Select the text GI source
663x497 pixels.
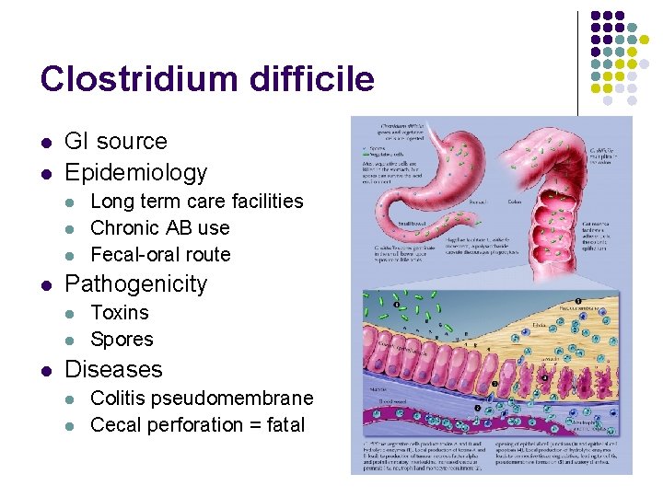[115, 142]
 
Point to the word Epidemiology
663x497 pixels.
[135, 172]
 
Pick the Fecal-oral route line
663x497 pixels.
[160, 254]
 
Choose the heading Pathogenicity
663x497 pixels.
[135, 284]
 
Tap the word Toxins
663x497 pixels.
[120, 313]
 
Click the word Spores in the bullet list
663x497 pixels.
[122, 340]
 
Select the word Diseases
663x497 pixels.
[113, 370]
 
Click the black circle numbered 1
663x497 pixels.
[576, 302]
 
